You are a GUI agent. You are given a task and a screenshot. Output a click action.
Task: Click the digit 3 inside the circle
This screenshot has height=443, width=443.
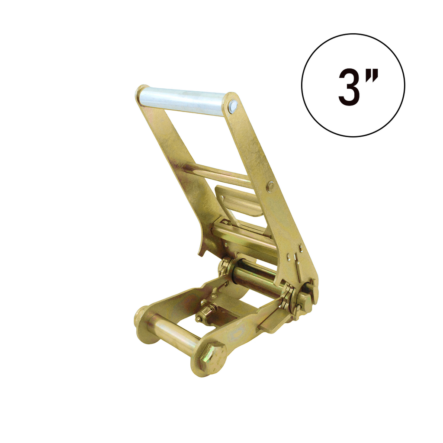click(x=349, y=87)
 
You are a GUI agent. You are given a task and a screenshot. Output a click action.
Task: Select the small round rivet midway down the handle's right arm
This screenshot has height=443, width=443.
click(x=271, y=186)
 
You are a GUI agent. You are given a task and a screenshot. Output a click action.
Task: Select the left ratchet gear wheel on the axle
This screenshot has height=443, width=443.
click(x=225, y=267)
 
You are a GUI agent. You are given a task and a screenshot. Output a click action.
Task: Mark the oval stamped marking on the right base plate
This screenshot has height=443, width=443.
click(x=237, y=334)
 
